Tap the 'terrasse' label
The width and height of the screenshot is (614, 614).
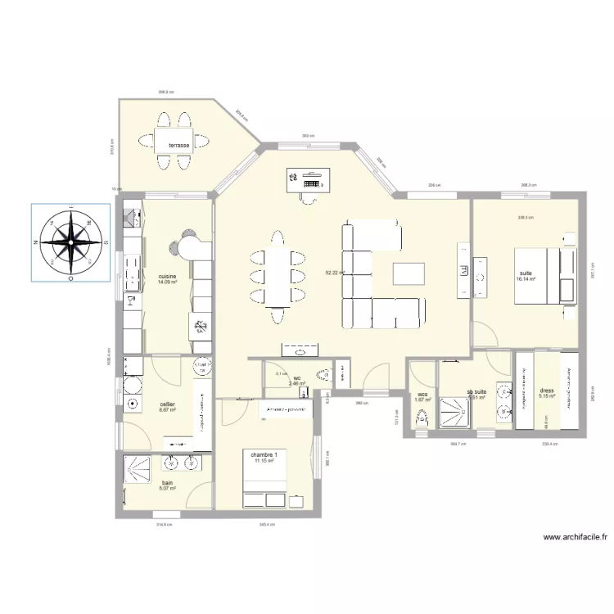click(179, 145)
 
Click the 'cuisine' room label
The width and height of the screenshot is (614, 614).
click(168, 277)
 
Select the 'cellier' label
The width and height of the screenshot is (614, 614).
click(168, 404)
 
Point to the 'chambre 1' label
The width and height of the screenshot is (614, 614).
click(264, 455)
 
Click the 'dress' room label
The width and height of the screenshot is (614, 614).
click(547, 391)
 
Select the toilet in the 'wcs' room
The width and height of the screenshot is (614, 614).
click(422, 419)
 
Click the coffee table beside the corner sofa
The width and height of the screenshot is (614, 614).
click(409, 273)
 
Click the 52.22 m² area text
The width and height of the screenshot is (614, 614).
click(335, 273)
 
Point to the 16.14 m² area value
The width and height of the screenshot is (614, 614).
click(526, 279)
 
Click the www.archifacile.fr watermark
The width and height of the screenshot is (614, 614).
click(576, 538)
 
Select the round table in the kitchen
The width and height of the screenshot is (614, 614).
click(189, 244)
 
